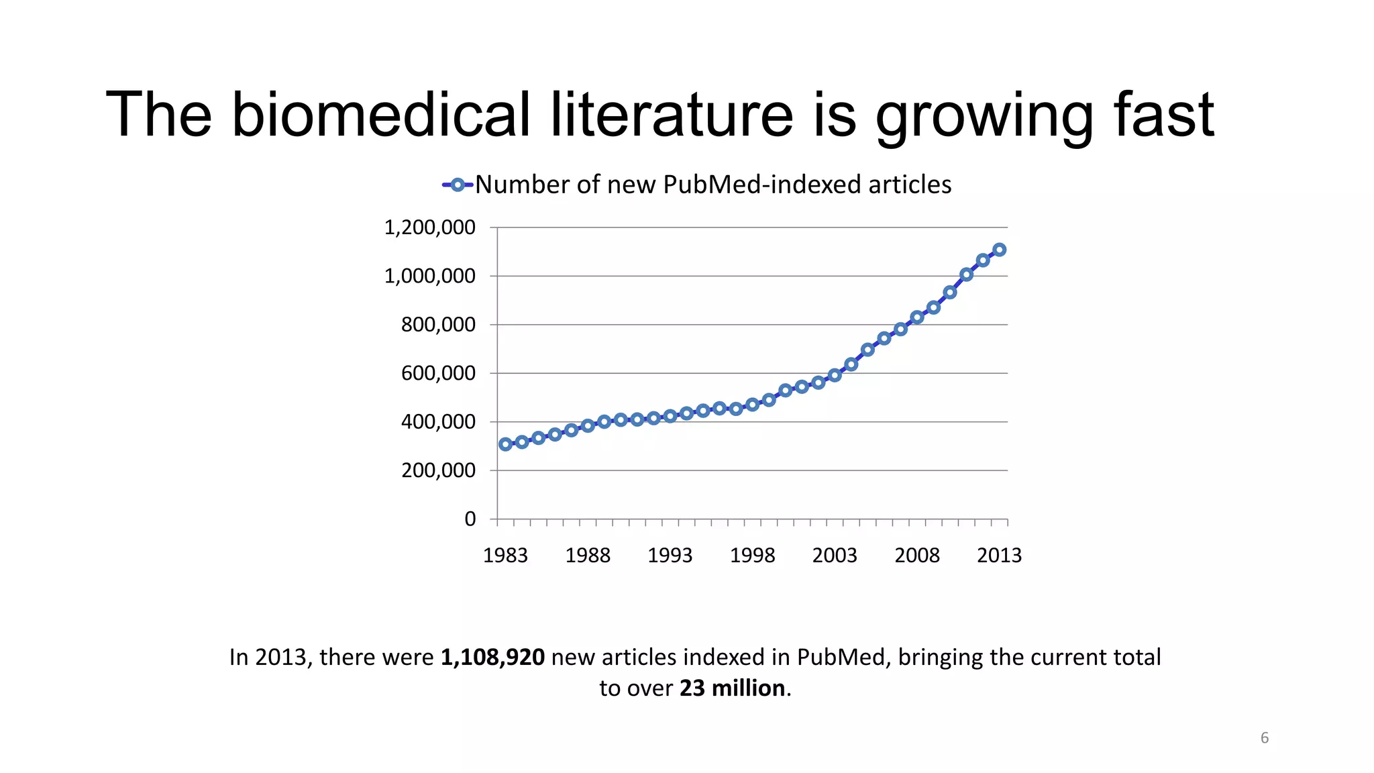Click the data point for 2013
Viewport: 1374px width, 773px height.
point(999,250)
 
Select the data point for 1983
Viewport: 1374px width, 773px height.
point(505,444)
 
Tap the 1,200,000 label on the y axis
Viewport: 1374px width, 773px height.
point(429,227)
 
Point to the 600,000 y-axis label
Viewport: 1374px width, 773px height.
point(438,373)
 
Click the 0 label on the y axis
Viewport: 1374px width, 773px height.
point(470,519)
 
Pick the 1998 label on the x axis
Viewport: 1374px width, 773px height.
point(752,556)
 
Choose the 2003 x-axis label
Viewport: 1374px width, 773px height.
point(835,556)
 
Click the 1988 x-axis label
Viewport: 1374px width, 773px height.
point(588,556)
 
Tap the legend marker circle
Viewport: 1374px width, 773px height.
point(458,185)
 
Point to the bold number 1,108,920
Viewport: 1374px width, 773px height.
point(492,657)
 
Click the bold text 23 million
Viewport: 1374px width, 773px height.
point(732,688)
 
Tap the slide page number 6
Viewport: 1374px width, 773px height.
point(1264,738)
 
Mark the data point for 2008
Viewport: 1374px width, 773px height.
point(917,317)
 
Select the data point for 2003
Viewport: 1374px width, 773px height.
point(835,375)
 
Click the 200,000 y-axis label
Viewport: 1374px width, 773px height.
point(438,470)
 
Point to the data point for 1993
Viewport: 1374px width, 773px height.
point(670,416)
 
